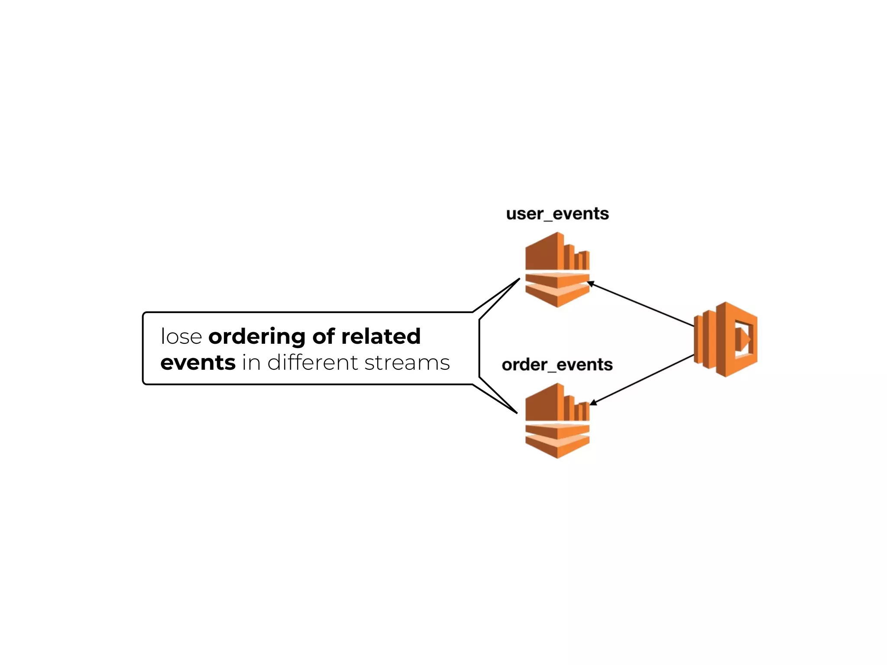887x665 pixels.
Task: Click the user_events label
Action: (x=557, y=214)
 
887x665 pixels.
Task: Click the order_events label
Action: (x=557, y=365)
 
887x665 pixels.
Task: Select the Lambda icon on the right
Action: (x=726, y=339)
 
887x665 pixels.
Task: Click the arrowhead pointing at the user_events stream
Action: (x=590, y=284)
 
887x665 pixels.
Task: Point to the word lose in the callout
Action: (x=181, y=337)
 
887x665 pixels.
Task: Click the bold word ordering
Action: (x=257, y=337)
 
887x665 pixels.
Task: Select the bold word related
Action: (x=381, y=337)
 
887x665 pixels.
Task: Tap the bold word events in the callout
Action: (x=198, y=363)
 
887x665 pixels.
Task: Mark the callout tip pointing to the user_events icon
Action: (x=518, y=280)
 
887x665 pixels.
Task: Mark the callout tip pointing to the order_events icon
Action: (x=516, y=412)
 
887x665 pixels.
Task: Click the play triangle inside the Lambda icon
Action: (x=745, y=339)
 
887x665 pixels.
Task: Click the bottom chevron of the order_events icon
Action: (x=557, y=448)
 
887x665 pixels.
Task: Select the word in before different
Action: (x=251, y=363)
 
